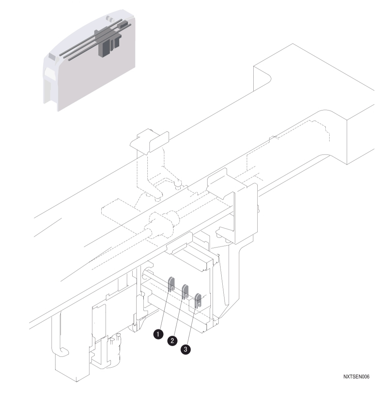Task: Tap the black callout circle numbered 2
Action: (x=173, y=340)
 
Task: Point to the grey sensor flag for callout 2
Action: (x=186, y=291)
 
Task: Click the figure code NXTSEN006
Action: (x=356, y=377)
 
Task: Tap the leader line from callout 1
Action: (x=164, y=310)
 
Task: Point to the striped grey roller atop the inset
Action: (x=111, y=18)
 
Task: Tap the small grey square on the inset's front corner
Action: (x=53, y=57)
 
